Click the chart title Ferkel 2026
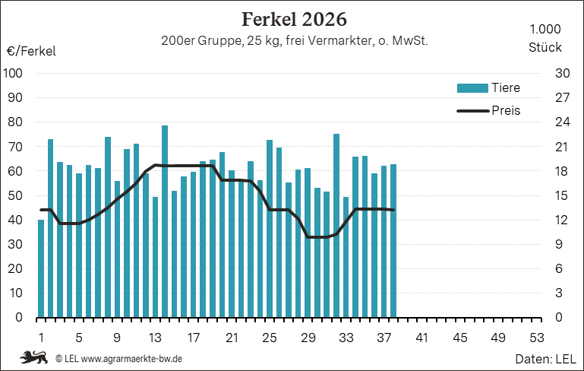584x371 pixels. [294, 20]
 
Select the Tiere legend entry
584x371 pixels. [488, 88]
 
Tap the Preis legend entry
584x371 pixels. [488, 111]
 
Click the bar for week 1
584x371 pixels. [41, 268]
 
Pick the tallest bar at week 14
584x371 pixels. [165, 221]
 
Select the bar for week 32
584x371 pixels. [336, 226]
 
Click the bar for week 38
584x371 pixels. [393, 241]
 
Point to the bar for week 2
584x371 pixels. [50, 228]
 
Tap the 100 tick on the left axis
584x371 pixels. [13, 73]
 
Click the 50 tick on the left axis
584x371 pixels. [15, 195]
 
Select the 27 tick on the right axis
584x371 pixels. [563, 97]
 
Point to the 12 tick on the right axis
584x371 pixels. [562, 220]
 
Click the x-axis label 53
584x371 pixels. [537, 338]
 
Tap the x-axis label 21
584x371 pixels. [232, 338]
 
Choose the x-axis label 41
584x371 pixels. [422, 338]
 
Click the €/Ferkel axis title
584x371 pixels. [31, 51]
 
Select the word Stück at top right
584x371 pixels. [545, 47]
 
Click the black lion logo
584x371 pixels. [34, 357]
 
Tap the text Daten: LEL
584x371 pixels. [545, 359]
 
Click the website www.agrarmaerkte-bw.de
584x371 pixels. [131, 359]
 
